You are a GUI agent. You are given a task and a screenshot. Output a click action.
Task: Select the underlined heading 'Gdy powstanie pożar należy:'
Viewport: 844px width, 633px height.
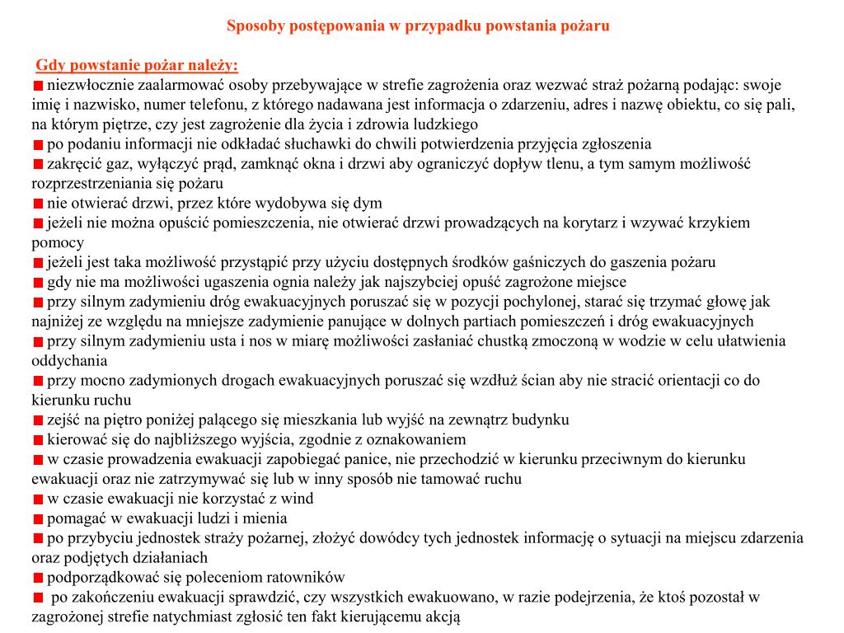pos(137,66)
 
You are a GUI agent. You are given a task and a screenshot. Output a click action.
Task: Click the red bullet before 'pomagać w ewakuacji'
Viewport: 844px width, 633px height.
pos(38,518)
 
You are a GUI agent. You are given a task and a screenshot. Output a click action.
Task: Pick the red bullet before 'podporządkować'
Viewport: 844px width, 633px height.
pos(38,578)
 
